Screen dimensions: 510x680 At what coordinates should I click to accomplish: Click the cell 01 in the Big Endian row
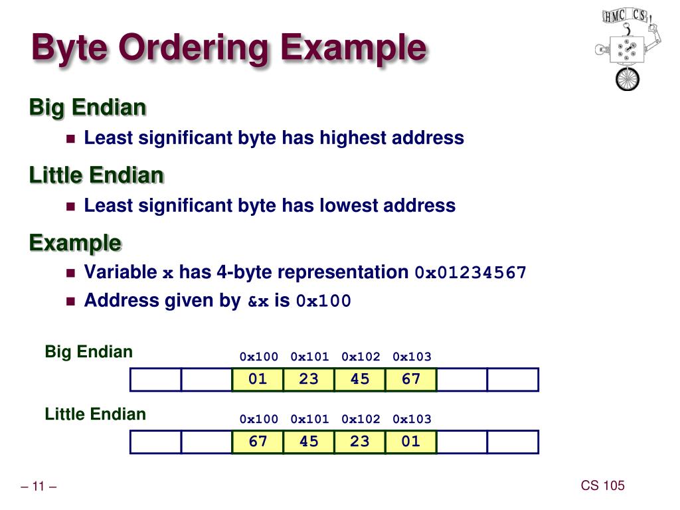258,379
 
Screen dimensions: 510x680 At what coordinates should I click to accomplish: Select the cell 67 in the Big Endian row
411,379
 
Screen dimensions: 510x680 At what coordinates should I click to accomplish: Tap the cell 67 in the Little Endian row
258,442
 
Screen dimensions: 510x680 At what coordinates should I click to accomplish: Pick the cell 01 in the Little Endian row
411,442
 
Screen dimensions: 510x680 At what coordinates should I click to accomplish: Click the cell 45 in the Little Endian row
309,442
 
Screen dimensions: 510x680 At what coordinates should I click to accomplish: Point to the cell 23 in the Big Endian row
309,379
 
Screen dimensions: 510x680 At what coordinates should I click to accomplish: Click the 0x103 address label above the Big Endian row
412,357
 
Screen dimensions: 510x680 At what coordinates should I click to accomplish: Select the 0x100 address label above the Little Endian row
259,419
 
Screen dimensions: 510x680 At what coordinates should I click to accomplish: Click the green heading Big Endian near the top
88,107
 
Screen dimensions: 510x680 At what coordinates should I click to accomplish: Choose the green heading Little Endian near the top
96,175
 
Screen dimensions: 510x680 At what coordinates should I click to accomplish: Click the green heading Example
75,243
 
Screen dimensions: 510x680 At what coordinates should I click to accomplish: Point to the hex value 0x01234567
470,273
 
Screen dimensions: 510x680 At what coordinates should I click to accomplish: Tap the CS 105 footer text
602,485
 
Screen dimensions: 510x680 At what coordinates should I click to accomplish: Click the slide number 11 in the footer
39,487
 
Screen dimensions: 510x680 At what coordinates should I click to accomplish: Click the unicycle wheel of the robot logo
626,79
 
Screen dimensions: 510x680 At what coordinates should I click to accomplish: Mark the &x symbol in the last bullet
258,301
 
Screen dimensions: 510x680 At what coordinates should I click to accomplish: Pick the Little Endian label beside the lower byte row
96,414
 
